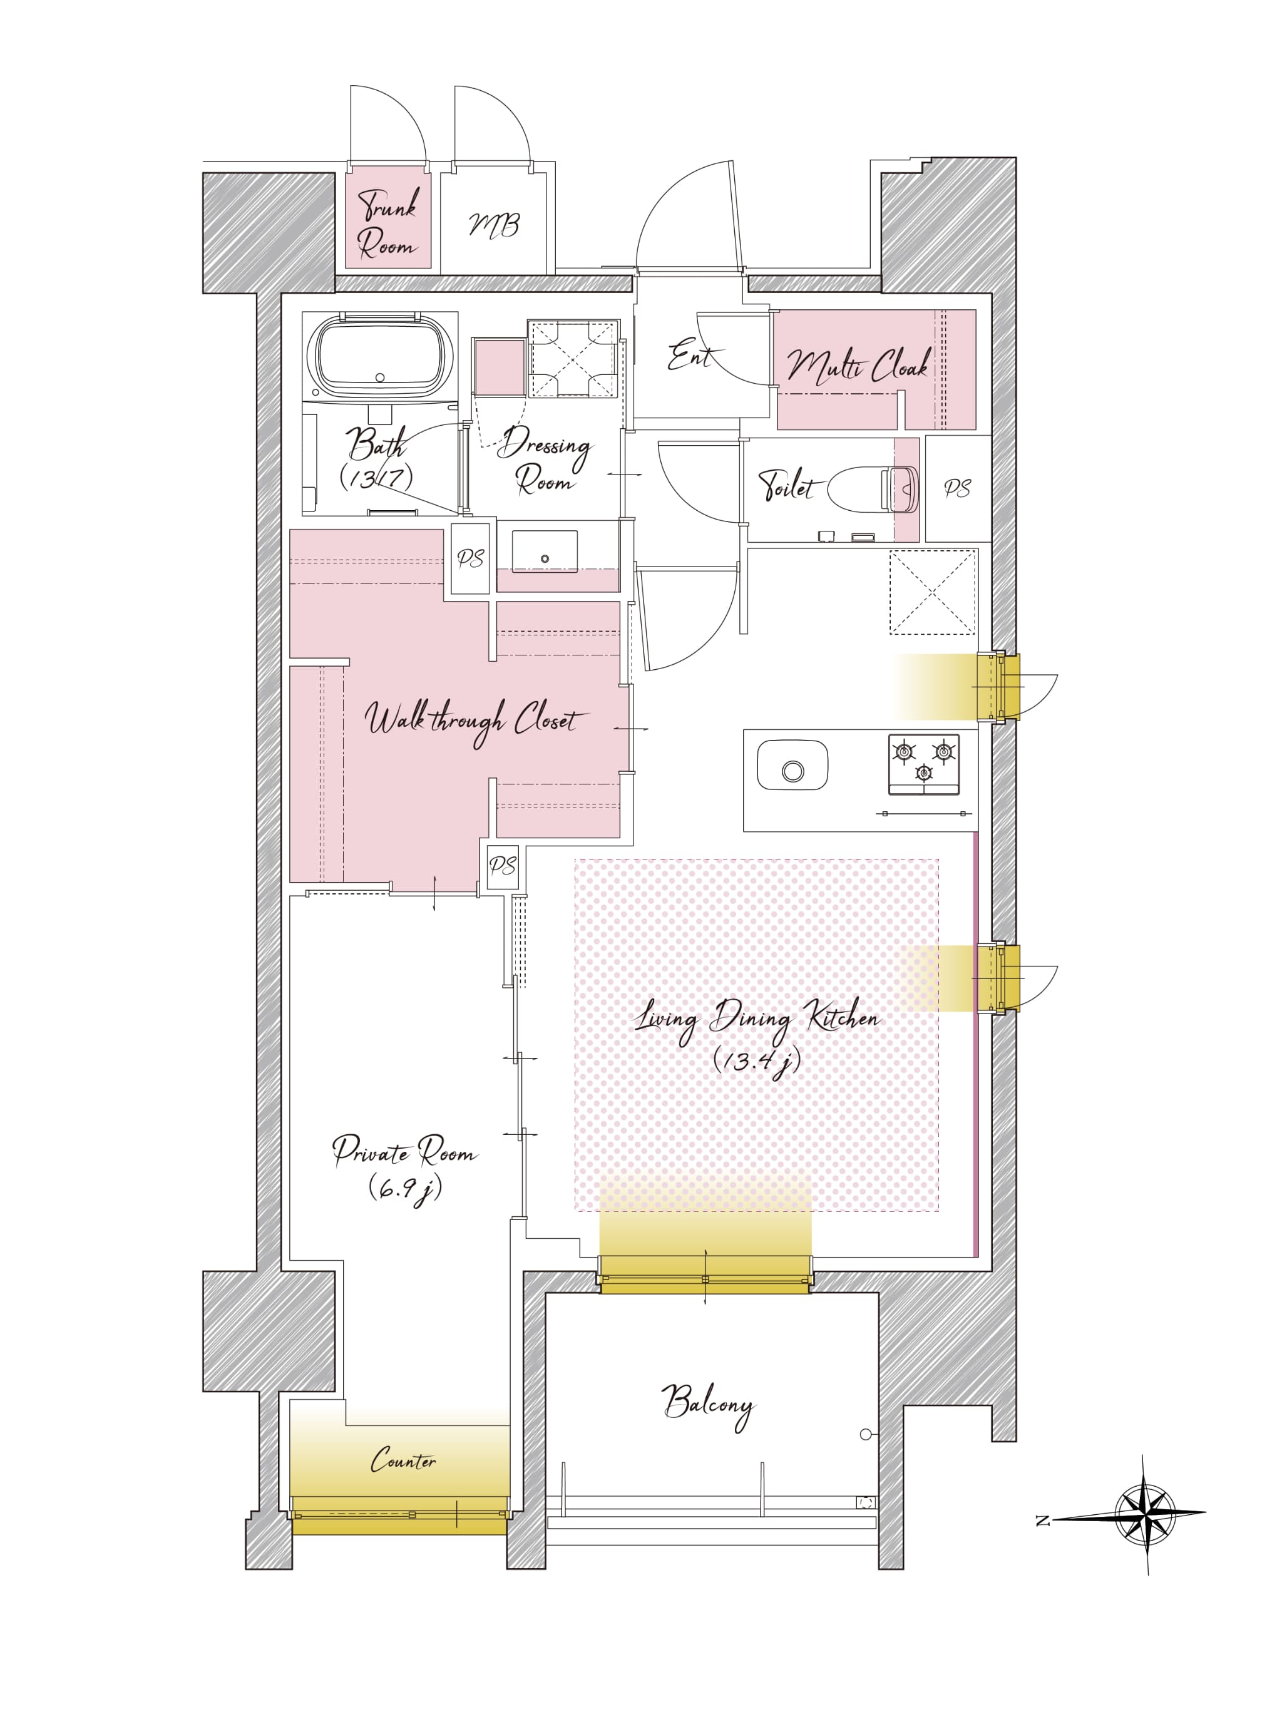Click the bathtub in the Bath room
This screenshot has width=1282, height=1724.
tap(379, 357)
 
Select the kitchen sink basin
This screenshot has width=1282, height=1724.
tap(792, 765)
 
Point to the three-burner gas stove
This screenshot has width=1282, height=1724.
tap(923, 764)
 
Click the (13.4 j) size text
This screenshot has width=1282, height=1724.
tap(757, 1060)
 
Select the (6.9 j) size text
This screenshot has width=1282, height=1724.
tap(404, 1188)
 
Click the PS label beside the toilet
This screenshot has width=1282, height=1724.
tap(958, 488)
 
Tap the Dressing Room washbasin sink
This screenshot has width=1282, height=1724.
tap(545, 552)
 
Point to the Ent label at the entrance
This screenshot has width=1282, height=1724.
tap(690, 357)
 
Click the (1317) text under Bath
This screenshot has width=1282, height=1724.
tap(376, 478)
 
